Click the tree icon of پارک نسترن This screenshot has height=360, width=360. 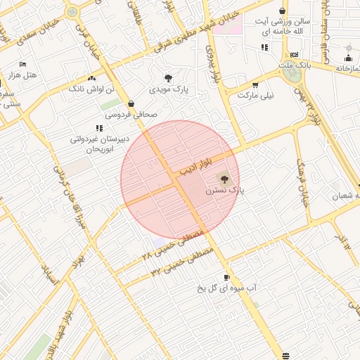point(224,178)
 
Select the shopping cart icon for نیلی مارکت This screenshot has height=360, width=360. point(255,84)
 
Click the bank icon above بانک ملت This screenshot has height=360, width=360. point(294,54)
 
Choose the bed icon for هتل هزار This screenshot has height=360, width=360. point(22,64)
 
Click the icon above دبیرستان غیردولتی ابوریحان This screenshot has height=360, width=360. point(99,128)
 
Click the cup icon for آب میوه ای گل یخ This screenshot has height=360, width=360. point(226,278)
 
